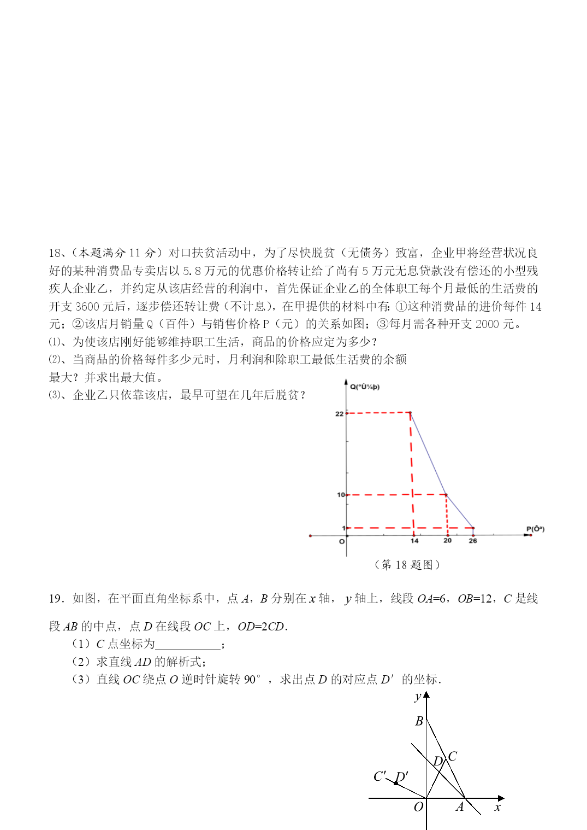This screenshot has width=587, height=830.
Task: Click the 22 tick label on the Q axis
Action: [x=339, y=414]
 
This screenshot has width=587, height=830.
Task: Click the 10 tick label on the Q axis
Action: [x=340, y=495]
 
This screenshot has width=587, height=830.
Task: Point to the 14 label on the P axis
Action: [x=414, y=541]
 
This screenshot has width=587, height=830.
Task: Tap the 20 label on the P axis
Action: [x=448, y=541]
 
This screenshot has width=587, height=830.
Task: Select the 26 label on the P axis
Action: [x=473, y=541]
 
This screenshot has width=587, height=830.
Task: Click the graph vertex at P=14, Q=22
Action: [x=410, y=412]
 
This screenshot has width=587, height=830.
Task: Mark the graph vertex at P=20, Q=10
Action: [x=447, y=495]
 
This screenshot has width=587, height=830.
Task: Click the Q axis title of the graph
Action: [x=365, y=387]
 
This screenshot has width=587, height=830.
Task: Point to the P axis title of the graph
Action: [x=535, y=529]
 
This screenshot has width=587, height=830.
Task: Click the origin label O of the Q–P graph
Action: [x=342, y=542]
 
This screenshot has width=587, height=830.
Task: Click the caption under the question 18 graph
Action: [x=407, y=564]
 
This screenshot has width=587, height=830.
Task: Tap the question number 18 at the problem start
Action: [x=55, y=253]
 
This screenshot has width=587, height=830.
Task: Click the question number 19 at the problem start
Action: [x=56, y=599]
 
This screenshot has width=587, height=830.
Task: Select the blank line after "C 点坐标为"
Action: [x=188, y=645]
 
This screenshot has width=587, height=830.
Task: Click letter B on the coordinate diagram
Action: [x=419, y=721]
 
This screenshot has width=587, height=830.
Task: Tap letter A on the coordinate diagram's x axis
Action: [x=460, y=807]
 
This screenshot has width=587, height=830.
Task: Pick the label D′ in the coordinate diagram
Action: [x=402, y=776]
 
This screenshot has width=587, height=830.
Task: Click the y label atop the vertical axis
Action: [x=418, y=697]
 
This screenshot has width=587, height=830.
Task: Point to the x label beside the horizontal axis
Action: [x=497, y=808]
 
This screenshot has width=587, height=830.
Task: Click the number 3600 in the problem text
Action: [x=87, y=306]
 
